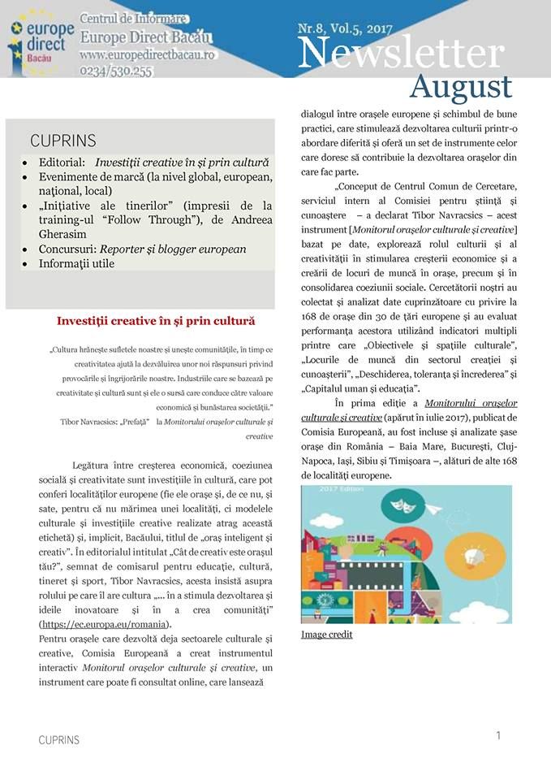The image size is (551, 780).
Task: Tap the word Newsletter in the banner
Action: [x=401, y=54]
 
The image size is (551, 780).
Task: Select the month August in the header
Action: [x=460, y=87]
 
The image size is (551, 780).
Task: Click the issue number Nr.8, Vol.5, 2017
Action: [x=346, y=29]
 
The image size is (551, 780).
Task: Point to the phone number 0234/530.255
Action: [x=116, y=71]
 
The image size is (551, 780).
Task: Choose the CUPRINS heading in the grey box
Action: [x=63, y=141]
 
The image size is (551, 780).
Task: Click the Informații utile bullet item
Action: [x=77, y=263]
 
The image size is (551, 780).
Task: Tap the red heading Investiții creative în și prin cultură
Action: [x=156, y=321]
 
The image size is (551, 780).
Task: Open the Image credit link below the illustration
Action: [x=326, y=635]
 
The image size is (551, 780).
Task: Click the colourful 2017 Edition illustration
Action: [x=406, y=555]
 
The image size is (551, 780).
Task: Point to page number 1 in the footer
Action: [x=498, y=735]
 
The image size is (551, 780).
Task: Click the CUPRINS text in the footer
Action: [x=59, y=740]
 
